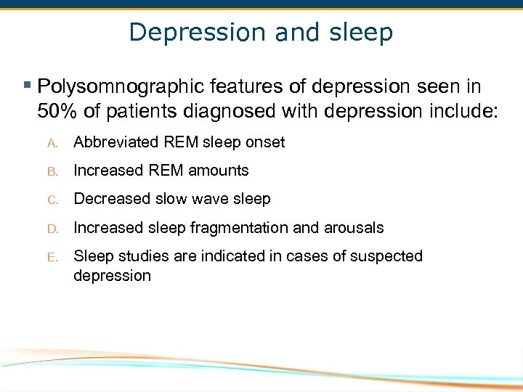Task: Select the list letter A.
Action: pos(52,143)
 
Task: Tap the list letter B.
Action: pos(52,171)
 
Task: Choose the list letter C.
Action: pos(52,200)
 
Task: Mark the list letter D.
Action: pos(52,229)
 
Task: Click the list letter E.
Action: pos(52,257)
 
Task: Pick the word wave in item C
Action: pos(204,199)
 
